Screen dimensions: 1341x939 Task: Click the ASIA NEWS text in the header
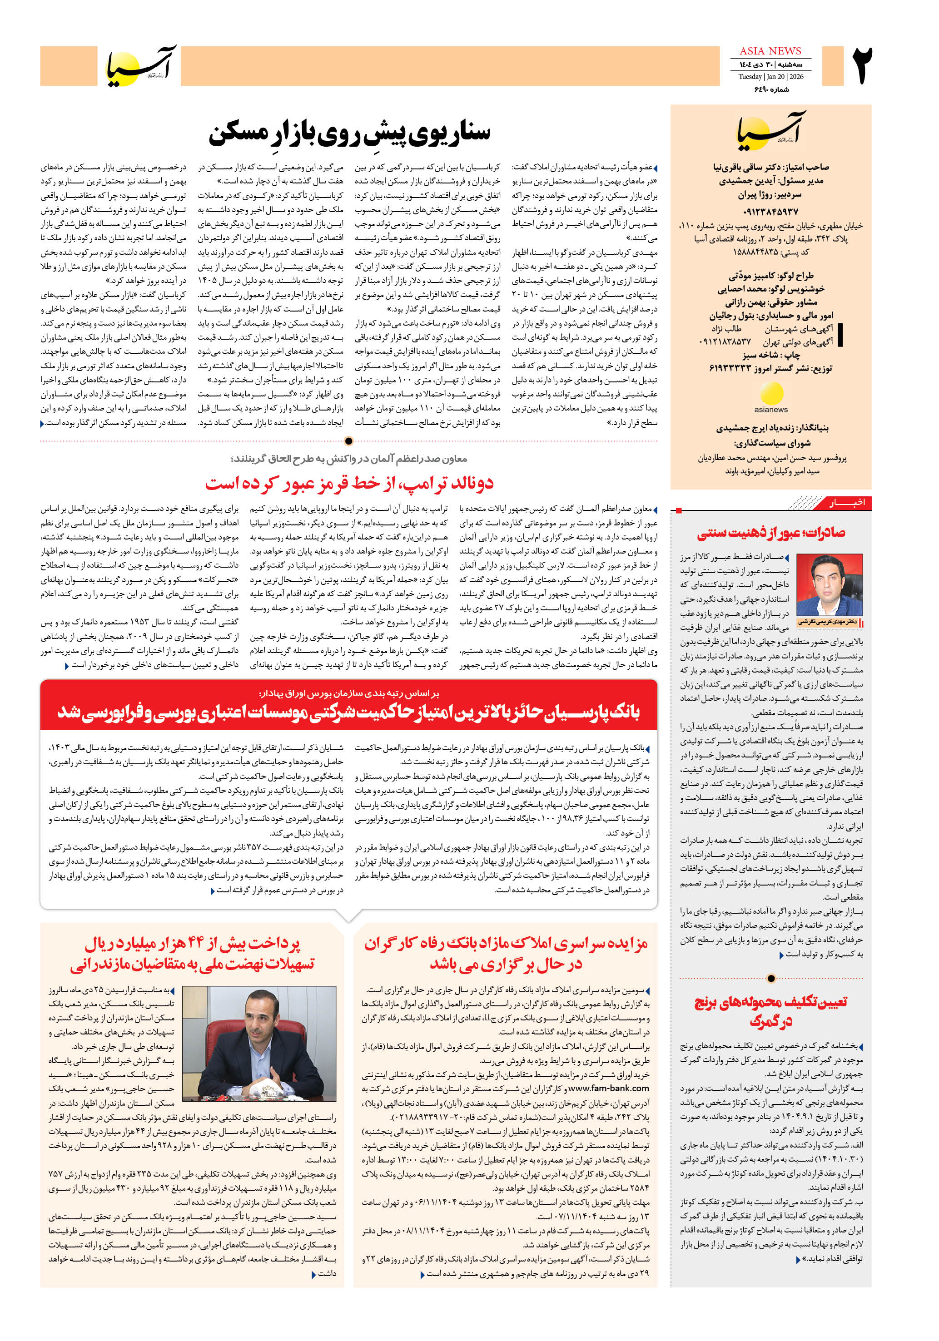click(x=770, y=51)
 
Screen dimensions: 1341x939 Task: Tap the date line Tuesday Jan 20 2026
click(x=770, y=76)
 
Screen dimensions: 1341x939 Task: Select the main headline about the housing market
click(x=349, y=133)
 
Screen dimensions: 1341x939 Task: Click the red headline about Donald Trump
click(x=349, y=483)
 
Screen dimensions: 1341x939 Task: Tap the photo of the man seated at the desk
click(x=259, y=1044)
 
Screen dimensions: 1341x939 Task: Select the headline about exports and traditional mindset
click(x=771, y=532)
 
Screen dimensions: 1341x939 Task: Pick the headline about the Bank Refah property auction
click(x=506, y=954)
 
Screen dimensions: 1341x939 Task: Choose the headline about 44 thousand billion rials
click(x=192, y=954)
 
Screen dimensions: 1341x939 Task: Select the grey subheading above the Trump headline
click(x=349, y=459)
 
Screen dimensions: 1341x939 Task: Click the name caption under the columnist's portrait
click(x=829, y=622)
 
